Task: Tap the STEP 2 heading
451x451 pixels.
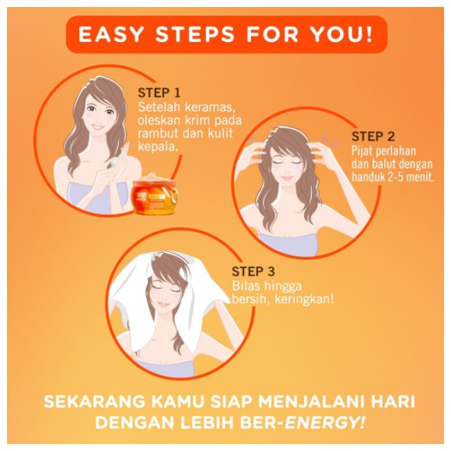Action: [x=373, y=136]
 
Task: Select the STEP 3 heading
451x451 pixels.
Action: [x=253, y=272]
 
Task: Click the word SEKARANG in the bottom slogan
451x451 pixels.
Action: [x=90, y=403]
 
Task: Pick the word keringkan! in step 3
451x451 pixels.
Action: [x=305, y=299]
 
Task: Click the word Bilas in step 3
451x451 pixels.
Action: [x=246, y=285]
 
